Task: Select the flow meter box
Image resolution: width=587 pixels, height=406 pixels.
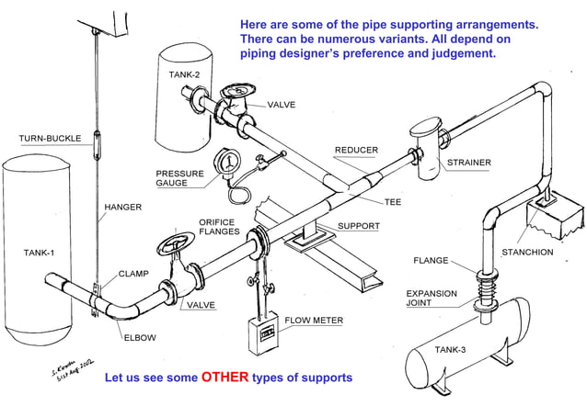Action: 262,333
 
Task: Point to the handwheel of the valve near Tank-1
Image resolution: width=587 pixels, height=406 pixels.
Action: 172,247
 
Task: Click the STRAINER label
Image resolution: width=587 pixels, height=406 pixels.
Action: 468,163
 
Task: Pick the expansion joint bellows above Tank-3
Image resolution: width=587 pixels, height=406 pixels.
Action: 482,299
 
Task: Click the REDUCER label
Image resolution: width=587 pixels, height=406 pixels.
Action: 356,150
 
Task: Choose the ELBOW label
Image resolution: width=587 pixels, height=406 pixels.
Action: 140,337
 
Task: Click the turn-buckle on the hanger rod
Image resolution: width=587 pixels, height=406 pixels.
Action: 96,145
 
